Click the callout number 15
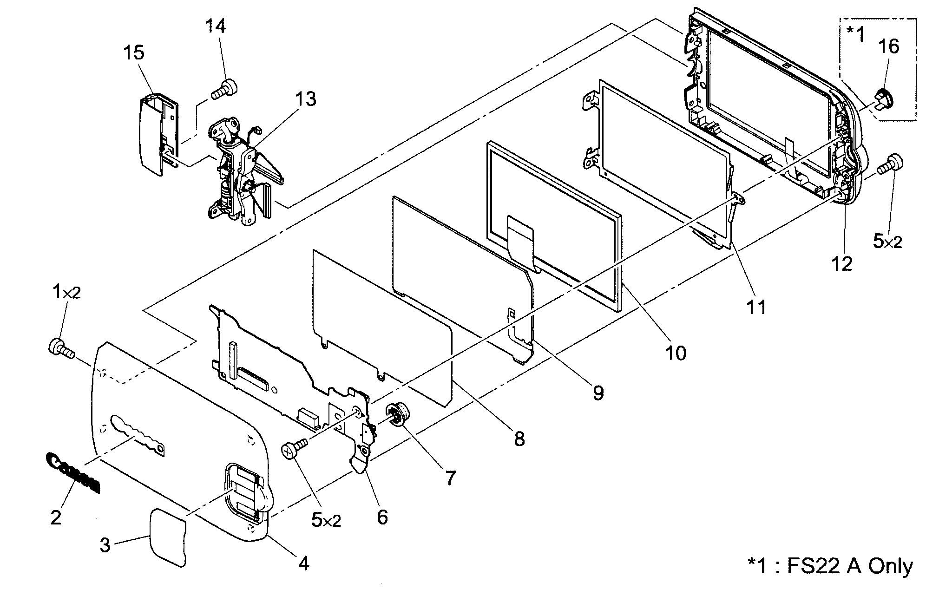click(133, 53)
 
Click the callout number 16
click(888, 46)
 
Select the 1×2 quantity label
click(67, 293)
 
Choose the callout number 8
click(519, 439)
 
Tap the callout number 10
click(676, 353)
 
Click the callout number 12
click(842, 264)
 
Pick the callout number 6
click(382, 517)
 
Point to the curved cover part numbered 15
click(152, 135)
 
